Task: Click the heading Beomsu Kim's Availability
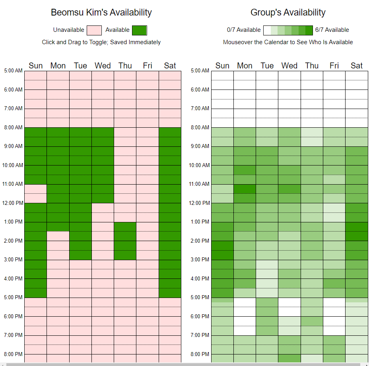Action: point(101,13)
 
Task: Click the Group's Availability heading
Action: point(288,13)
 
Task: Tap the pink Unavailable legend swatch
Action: point(94,30)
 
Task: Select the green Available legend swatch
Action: point(140,30)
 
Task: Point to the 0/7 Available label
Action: point(244,30)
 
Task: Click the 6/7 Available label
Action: point(332,30)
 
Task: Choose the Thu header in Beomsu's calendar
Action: point(125,66)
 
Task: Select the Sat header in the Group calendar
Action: point(357,66)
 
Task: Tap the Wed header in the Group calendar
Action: point(289,66)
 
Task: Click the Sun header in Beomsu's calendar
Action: point(36,66)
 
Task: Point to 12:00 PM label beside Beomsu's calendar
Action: point(14,203)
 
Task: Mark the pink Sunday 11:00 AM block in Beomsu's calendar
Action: point(36,193)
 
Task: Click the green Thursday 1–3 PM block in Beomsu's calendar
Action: point(125,241)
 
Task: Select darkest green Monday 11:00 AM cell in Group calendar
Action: point(245,189)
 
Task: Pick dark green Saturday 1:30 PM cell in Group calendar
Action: point(357,232)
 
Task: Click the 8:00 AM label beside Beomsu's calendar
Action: point(14,127)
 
